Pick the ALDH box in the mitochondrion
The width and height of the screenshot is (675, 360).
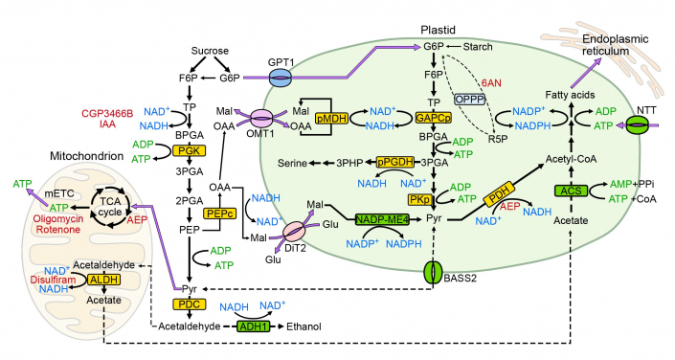101,280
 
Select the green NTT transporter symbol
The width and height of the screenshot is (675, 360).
638,125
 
